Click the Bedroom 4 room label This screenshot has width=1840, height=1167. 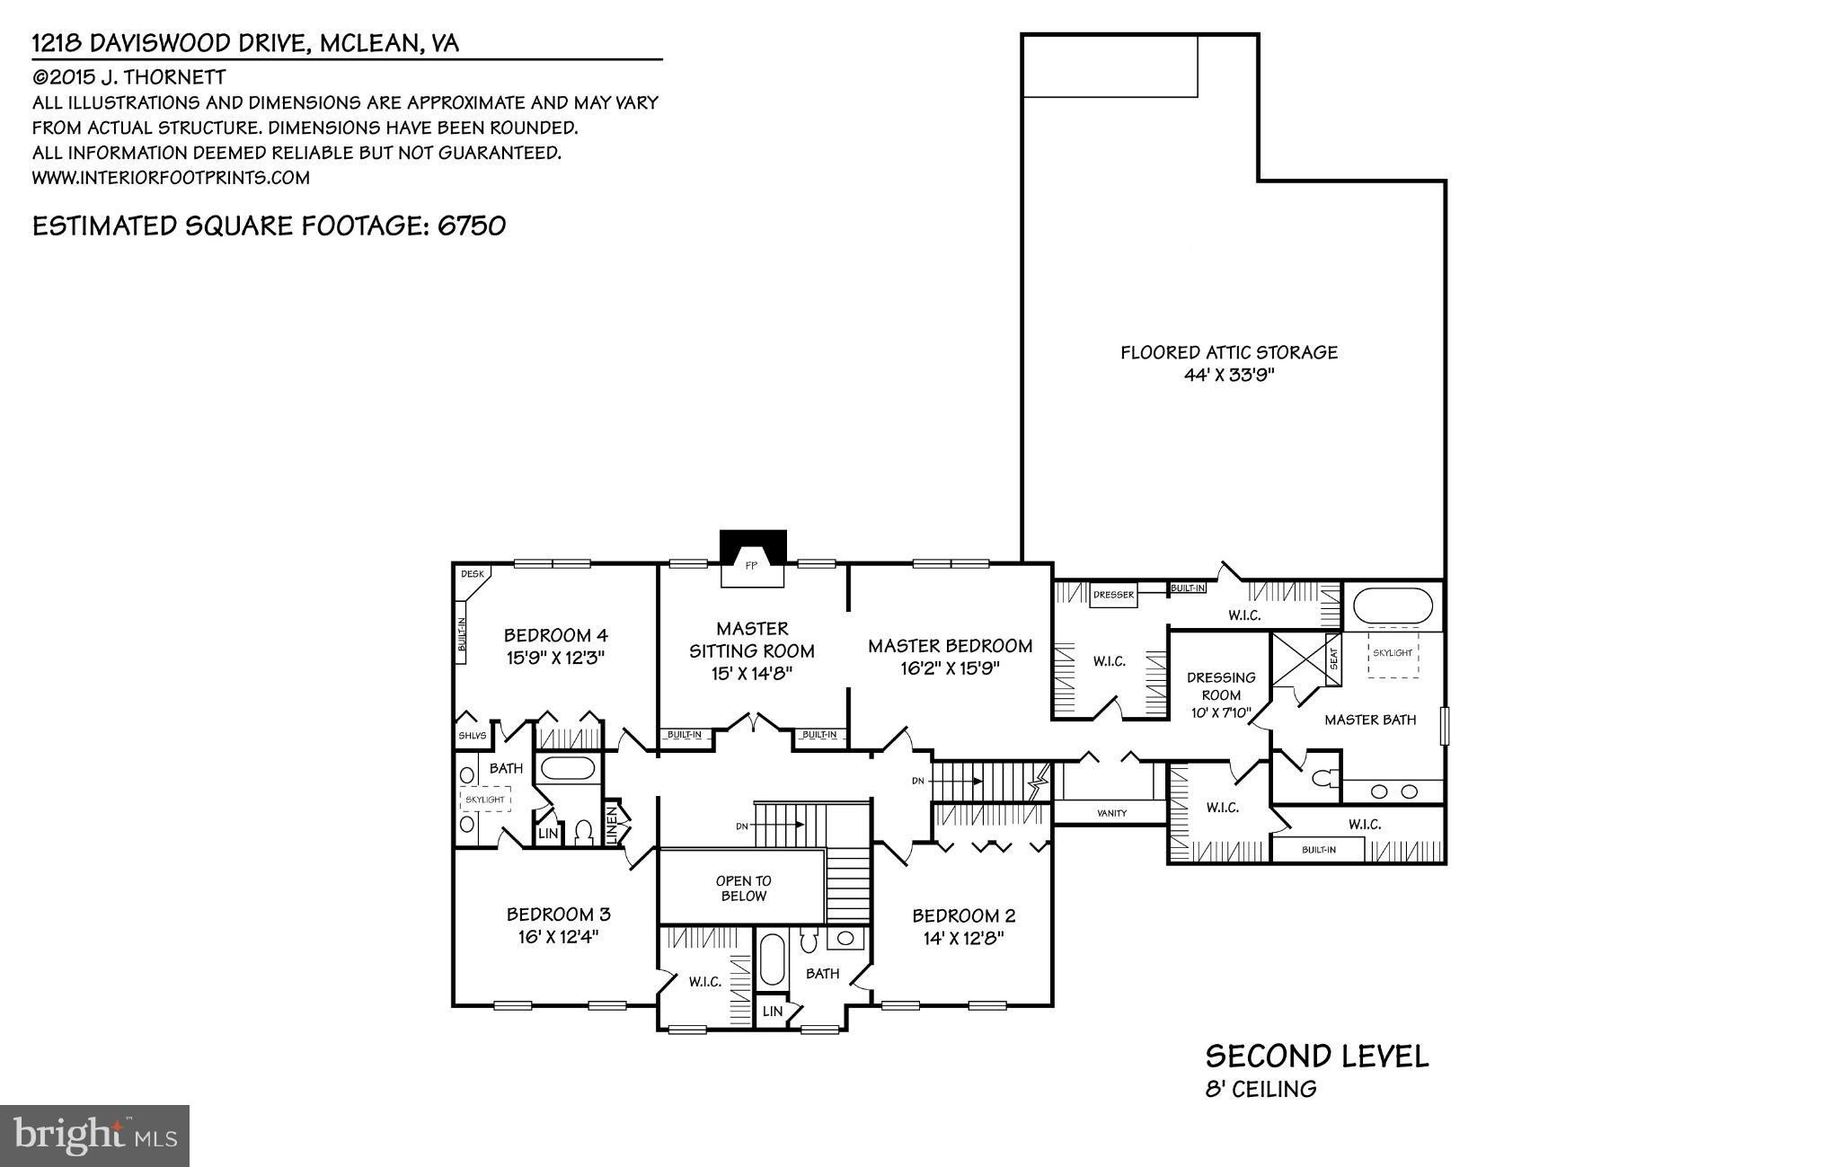pyautogui.click(x=554, y=636)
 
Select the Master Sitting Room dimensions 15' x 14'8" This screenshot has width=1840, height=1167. pyautogui.click(x=752, y=673)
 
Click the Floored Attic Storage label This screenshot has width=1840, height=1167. pyautogui.click(x=1228, y=353)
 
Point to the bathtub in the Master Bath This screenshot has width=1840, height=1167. pyautogui.click(x=1393, y=606)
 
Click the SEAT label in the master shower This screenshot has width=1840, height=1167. pyautogui.click(x=1333, y=659)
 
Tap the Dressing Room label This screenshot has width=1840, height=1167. pyautogui.click(x=1221, y=685)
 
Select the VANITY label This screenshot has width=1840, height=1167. pyautogui.click(x=1111, y=813)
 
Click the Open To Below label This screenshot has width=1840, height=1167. pyautogui.click(x=743, y=889)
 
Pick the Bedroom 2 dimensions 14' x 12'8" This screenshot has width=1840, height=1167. pyautogui.click(x=963, y=938)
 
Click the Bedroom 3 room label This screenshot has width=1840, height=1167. pyautogui.click(x=558, y=915)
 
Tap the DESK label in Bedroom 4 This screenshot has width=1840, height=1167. pyautogui.click(x=472, y=574)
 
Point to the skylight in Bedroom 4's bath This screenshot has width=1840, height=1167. pyautogui.click(x=485, y=799)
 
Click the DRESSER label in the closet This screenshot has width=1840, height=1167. pyautogui.click(x=1113, y=595)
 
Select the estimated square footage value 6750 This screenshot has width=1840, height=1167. pyautogui.click(x=472, y=225)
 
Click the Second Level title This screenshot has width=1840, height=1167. pyautogui.click(x=1316, y=1056)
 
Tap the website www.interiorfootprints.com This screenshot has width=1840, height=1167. pyautogui.click(x=171, y=178)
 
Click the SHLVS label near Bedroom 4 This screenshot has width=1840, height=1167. pyautogui.click(x=472, y=736)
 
